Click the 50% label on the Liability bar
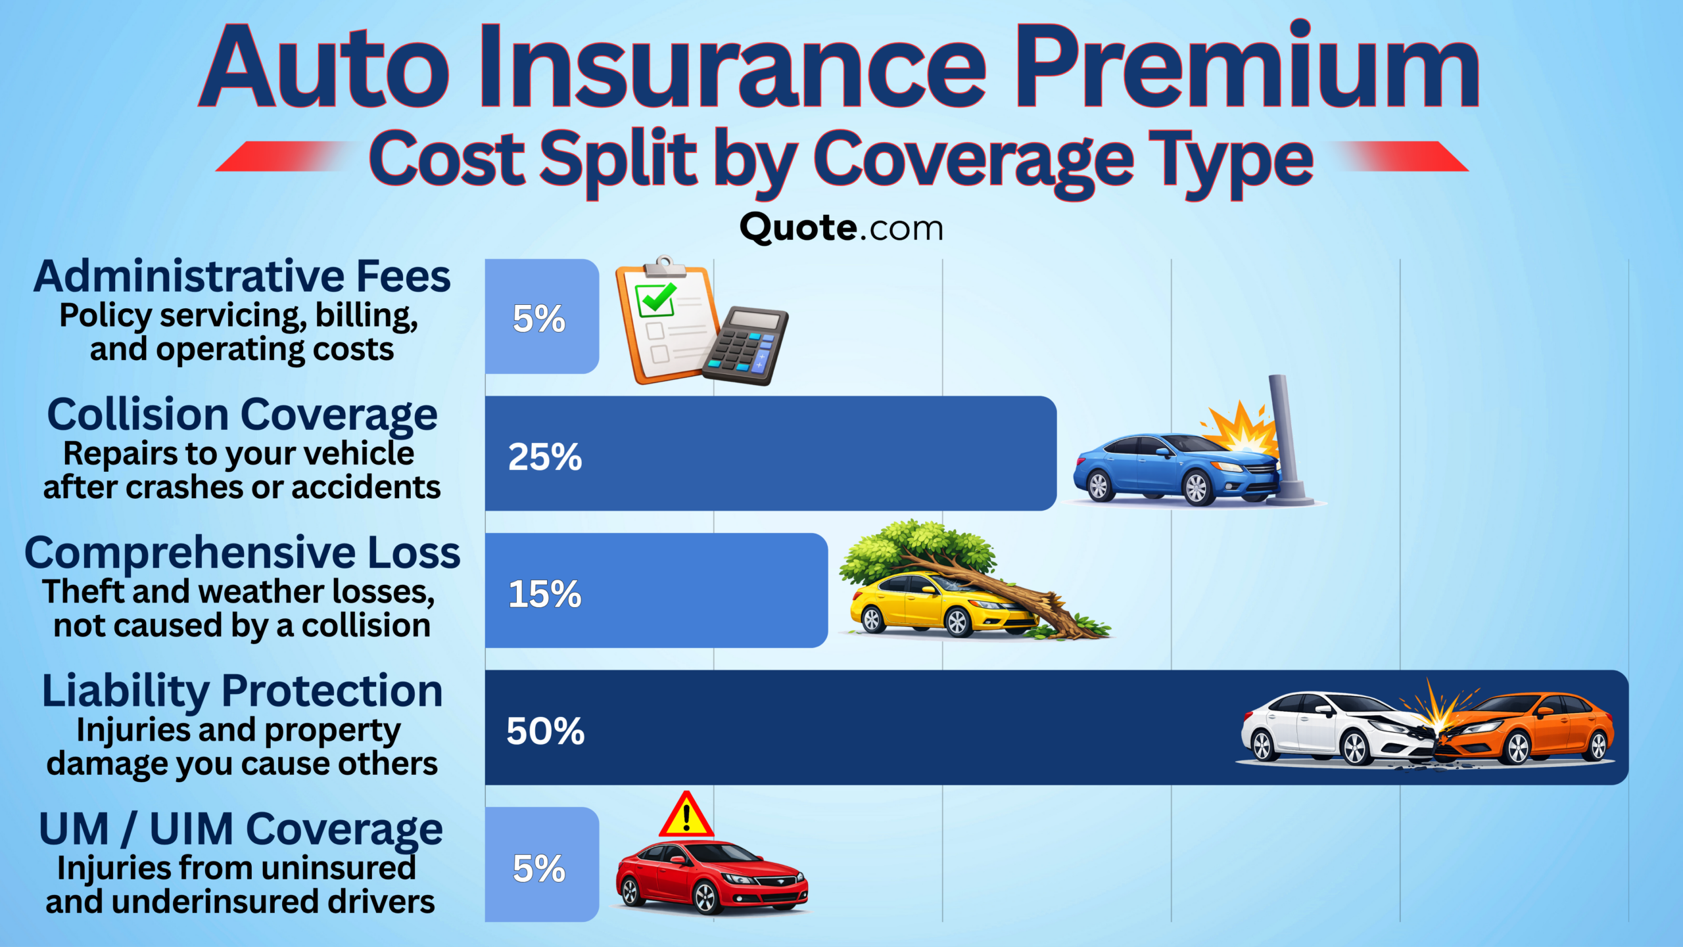[x=545, y=731]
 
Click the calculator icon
[x=746, y=346]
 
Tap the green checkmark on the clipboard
[x=655, y=299]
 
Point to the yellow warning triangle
[x=686, y=816]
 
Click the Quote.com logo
[x=841, y=228]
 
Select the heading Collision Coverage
[x=242, y=415]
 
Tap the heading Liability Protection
[x=242, y=691]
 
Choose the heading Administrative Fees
[x=242, y=276]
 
